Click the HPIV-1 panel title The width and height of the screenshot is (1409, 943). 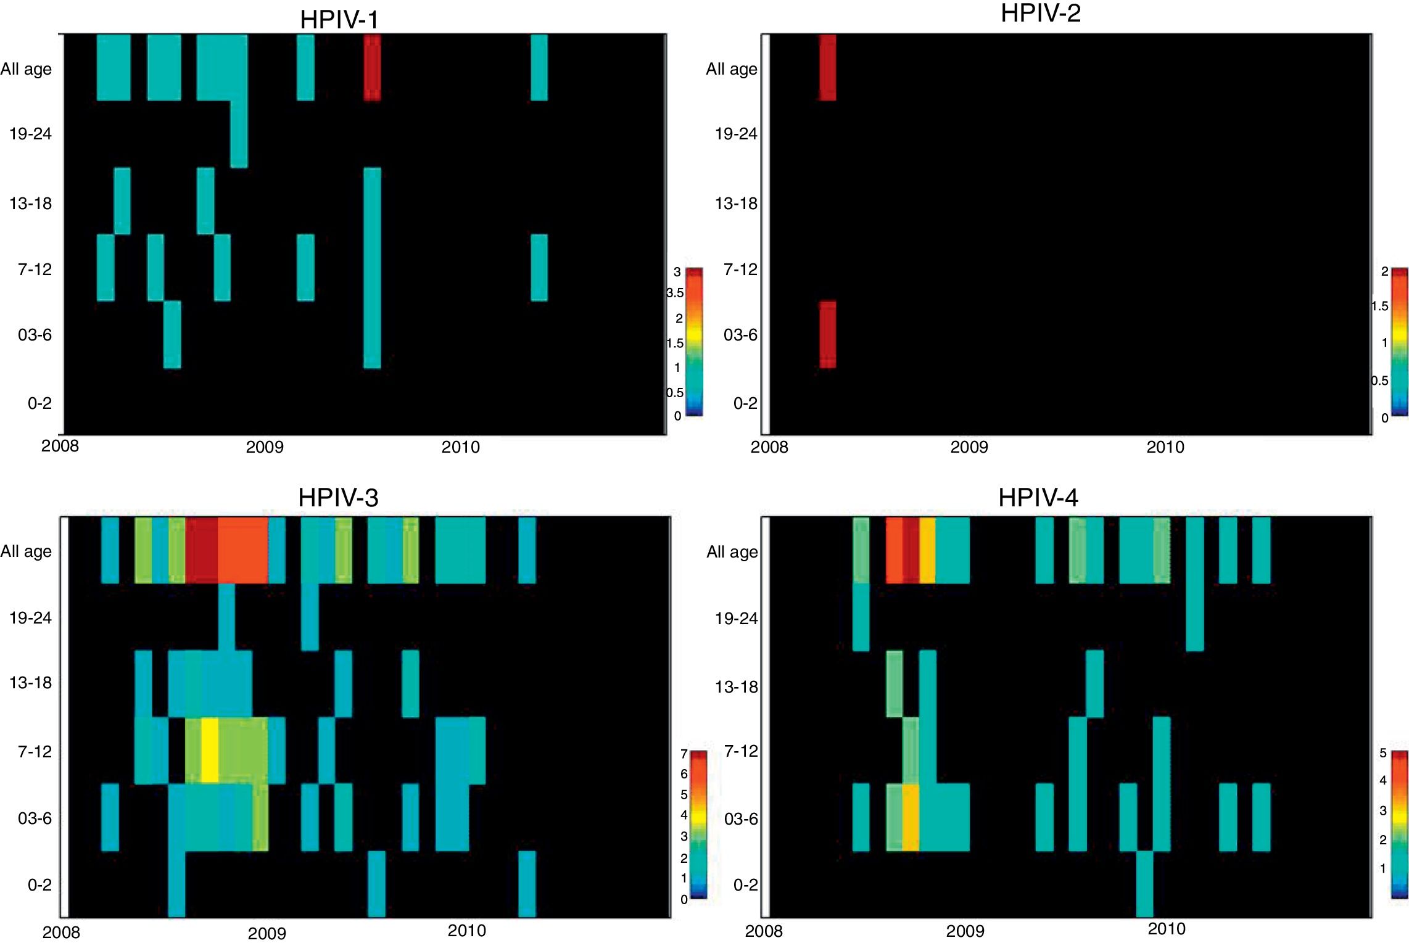coord(339,20)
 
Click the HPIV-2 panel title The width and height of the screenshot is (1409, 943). coord(1040,14)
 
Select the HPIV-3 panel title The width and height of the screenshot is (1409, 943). coord(338,498)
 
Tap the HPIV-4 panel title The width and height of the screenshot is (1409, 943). coord(1038,498)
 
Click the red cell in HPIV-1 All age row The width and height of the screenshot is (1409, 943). coord(372,67)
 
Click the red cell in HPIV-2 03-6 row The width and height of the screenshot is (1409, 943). coord(827,335)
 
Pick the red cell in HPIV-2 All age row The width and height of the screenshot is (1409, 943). coord(827,67)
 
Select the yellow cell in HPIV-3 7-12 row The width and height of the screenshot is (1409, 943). coord(210,750)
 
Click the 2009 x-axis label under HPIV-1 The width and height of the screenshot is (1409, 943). coord(265,447)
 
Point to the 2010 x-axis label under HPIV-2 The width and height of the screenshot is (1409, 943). coord(1165,447)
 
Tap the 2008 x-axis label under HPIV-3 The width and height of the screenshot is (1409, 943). coord(60,932)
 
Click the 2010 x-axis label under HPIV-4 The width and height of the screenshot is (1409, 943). coord(1166,929)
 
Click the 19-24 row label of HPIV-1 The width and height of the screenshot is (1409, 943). coord(30,134)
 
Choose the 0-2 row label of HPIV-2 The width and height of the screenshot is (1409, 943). coord(745,403)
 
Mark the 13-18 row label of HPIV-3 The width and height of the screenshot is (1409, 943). coord(30,683)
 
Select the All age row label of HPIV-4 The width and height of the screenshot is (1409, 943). coord(732,552)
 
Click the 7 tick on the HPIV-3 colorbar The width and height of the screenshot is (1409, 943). coord(684,754)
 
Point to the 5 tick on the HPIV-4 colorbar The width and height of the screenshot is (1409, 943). coord(1382,753)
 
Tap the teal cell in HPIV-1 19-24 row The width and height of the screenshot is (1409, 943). coord(239,134)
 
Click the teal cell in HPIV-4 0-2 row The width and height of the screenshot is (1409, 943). coord(1144,883)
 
